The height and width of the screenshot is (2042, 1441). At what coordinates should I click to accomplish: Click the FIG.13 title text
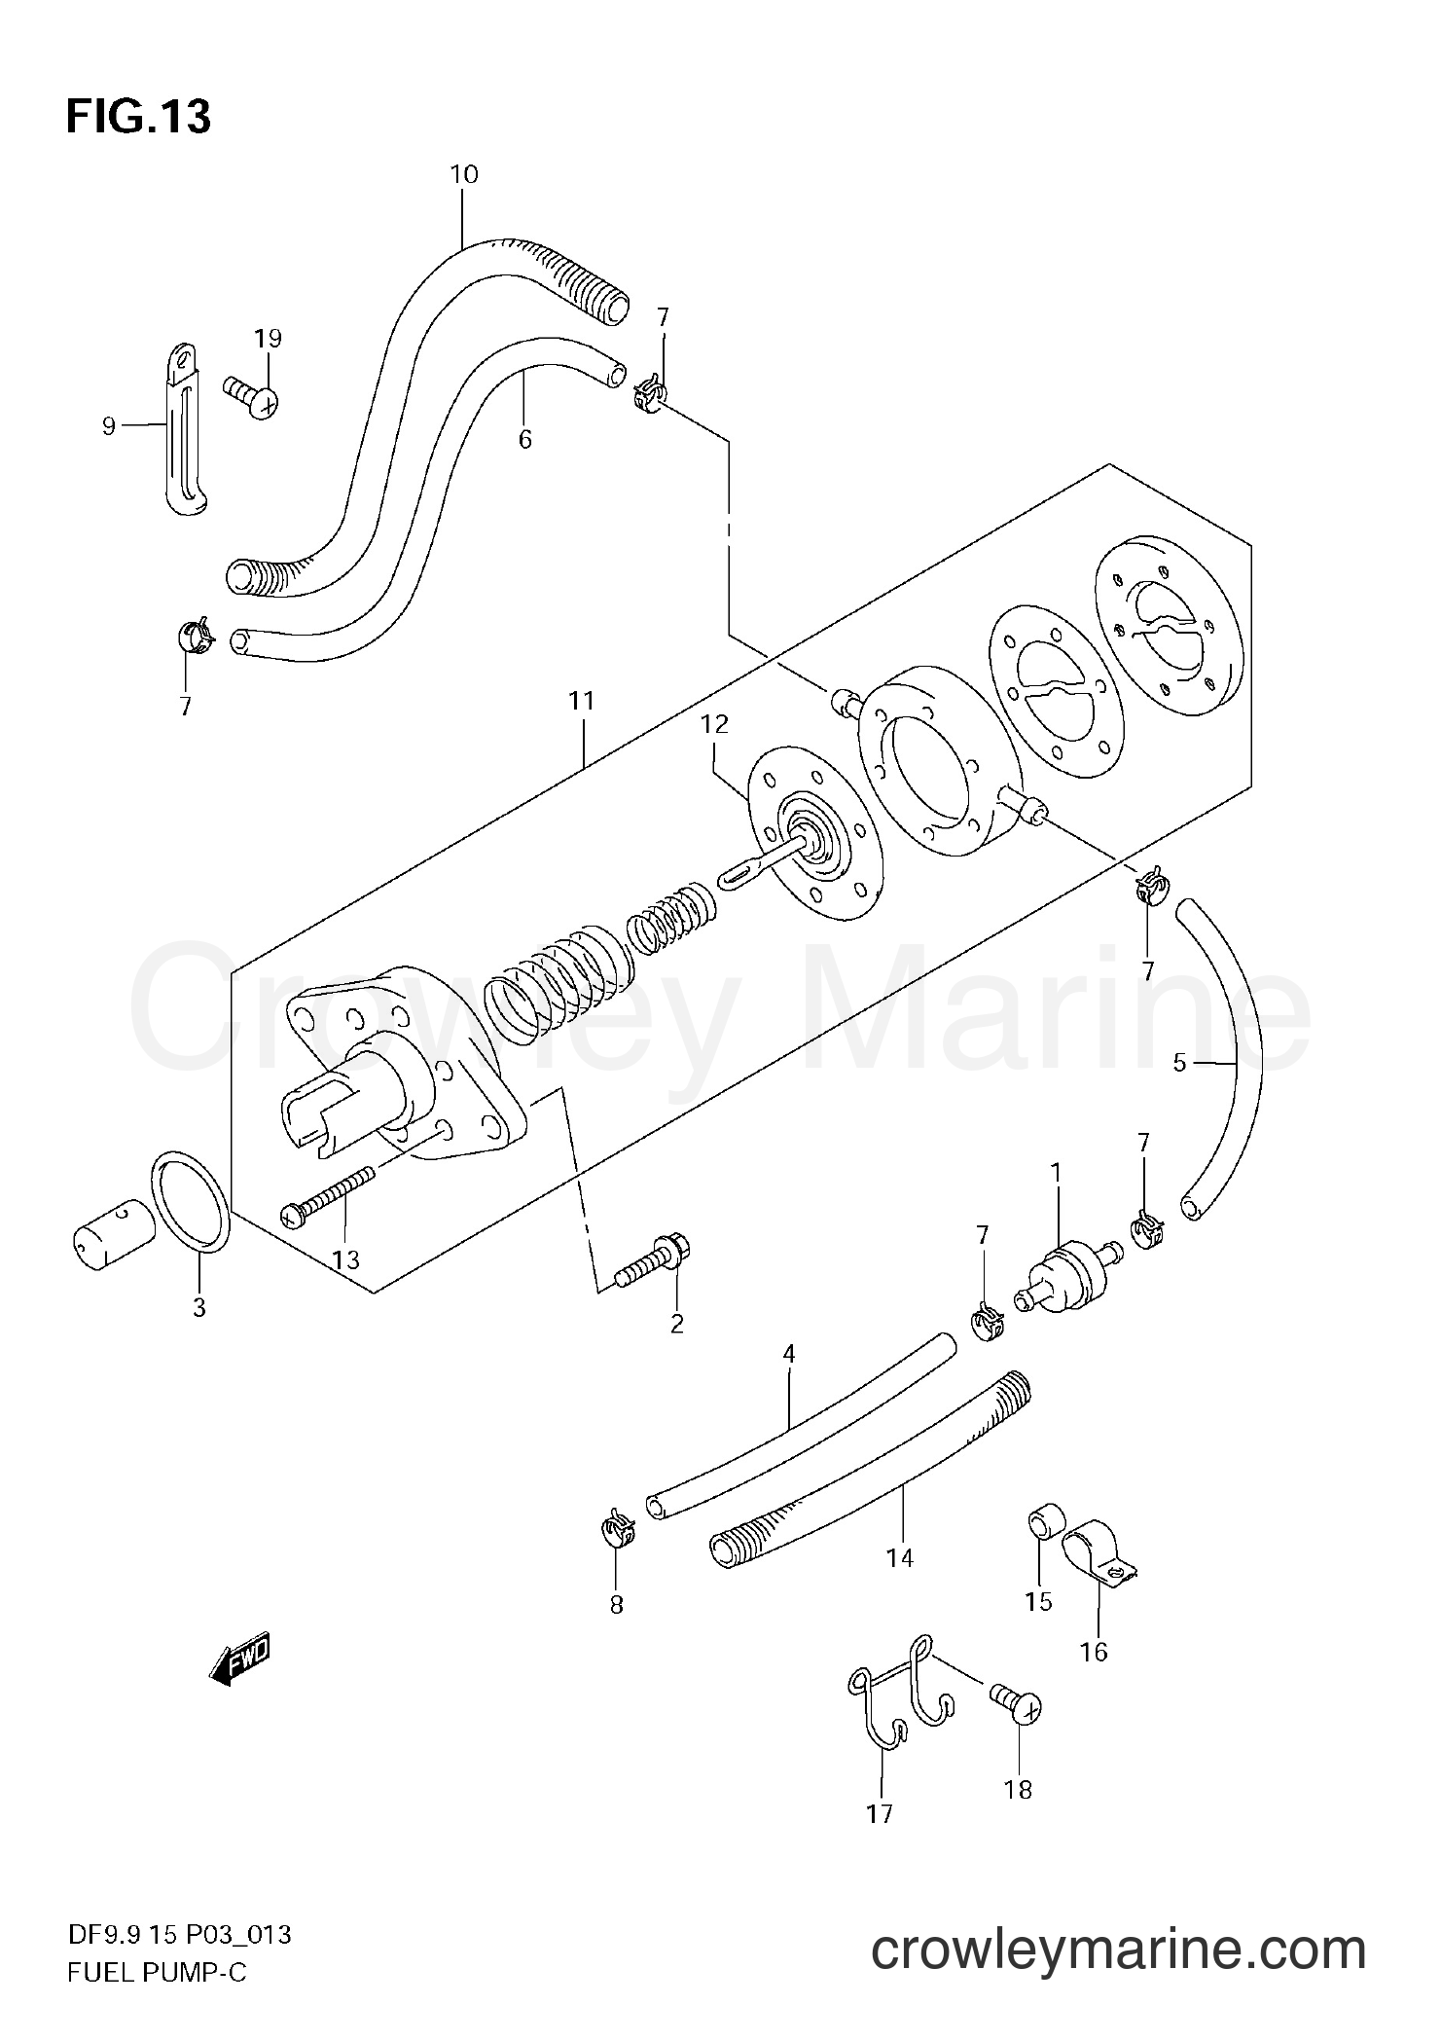pyautogui.click(x=138, y=118)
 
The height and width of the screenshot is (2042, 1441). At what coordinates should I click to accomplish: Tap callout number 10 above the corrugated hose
pyautogui.click(x=464, y=175)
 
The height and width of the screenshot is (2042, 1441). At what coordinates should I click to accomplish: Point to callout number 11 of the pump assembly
pyautogui.click(x=581, y=701)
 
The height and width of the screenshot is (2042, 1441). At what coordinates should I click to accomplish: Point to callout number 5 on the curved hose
pyautogui.click(x=1179, y=1064)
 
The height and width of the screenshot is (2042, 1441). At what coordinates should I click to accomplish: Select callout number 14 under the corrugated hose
pyautogui.click(x=900, y=1558)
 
